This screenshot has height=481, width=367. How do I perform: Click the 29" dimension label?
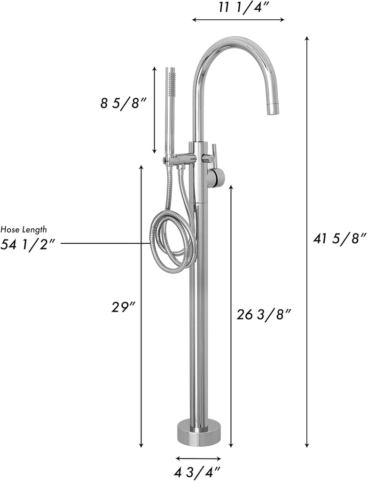click(x=123, y=307)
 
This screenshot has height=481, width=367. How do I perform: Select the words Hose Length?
click(x=23, y=230)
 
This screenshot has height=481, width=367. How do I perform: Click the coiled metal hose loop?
click(x=172, y=240)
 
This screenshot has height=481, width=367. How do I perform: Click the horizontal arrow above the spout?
click(x=238, y=19)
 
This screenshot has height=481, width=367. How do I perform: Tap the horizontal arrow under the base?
click(x=198, y=458)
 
